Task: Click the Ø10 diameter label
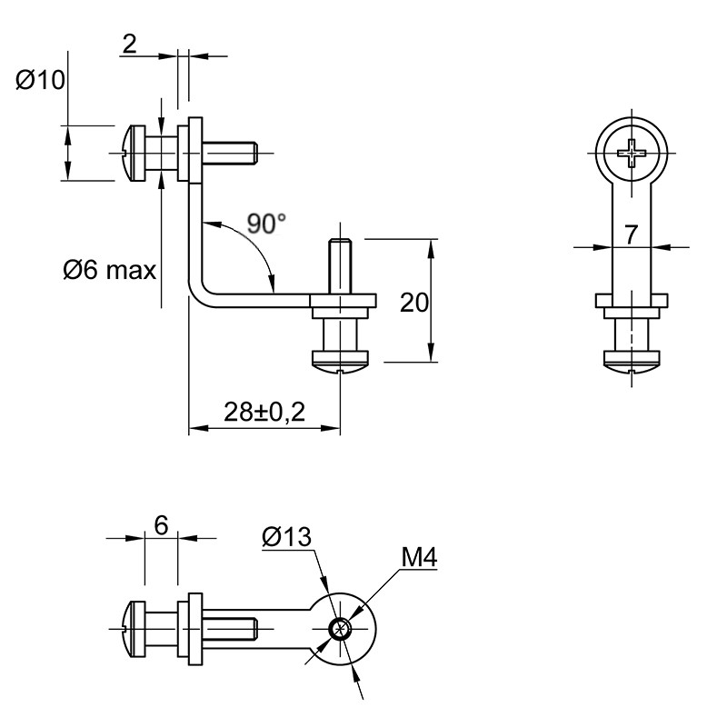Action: pos(40,80)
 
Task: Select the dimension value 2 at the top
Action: pos(130,45)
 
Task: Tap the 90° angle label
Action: pos(266,224)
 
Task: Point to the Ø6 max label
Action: pos(109,270)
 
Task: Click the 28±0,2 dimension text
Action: pos(264,412)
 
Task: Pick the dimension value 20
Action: pos(414,303)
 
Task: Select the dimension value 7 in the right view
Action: pos(631,234)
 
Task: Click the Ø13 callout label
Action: pos(286,537)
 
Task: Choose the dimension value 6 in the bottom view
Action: pos(161,525)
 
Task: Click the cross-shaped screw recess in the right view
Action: pos(631,152)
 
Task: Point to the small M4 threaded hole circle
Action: pos(340,629)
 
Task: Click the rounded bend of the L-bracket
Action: pos(198,294)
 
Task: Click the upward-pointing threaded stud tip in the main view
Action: pos(339,241)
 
